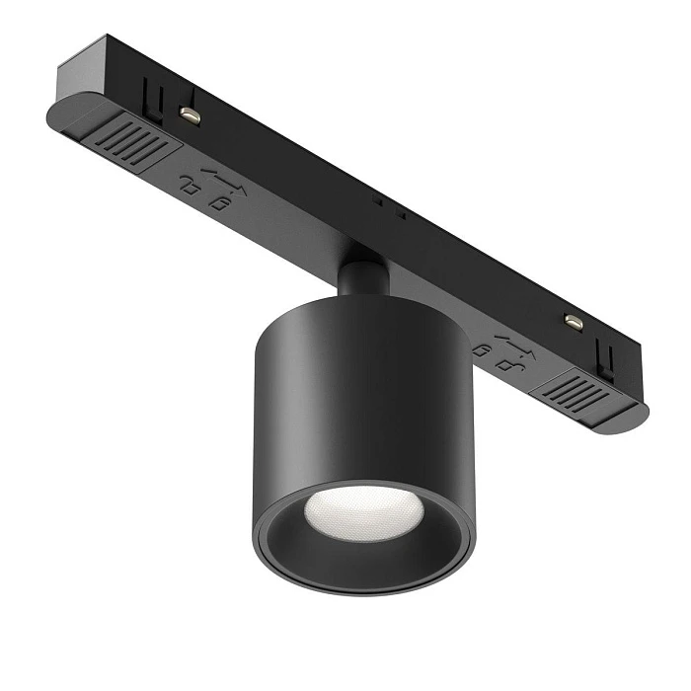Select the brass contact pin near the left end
[x=191, y=115]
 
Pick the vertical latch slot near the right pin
[x=606, y=360]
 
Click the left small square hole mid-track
[x=377, y=201]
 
